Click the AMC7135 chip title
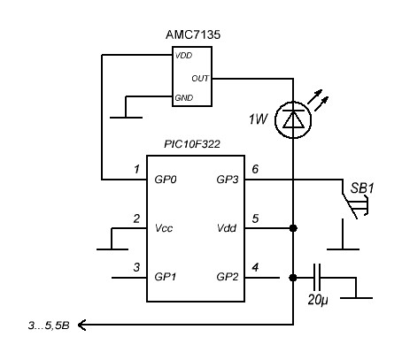click(193, 34)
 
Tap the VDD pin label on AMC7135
click(183, 56)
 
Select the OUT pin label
click(200, 79)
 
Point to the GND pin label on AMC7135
click(184, 97)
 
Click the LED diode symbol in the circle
click(293, 119)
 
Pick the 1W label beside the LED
click(258, 119)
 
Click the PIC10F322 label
click(192, 144)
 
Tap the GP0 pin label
click(166, 180)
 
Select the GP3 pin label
click(228, 180)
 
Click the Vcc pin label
click(164, 228)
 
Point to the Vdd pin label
click(227, 228)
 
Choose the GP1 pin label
click(166, 277)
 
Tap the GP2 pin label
click(228, 277)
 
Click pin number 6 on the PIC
click(255, 169)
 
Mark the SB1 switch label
click(362, 188)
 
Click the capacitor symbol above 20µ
click(317, 278)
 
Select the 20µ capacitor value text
click(318, 300)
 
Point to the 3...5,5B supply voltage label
click(49, 326)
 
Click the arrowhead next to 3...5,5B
click(81, 325)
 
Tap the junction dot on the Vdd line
click(293, 228)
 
